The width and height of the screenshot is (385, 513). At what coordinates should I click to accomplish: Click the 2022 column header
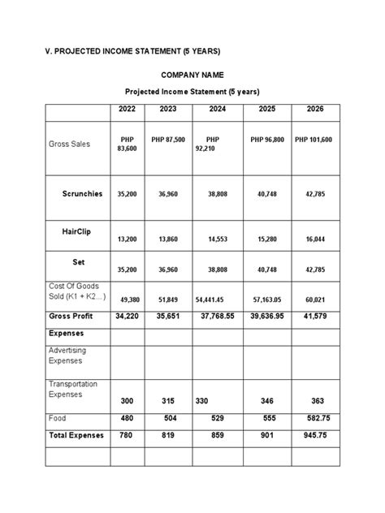(127, 109)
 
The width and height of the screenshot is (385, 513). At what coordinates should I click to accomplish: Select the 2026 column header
(314, 109)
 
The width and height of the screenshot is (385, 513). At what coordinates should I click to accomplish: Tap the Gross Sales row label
(69, 144)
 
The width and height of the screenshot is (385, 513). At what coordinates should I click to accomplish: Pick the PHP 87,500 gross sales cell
(168, 140)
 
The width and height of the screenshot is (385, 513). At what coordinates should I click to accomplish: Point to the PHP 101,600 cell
(314, 140)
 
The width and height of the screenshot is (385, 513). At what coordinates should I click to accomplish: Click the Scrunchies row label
(82, 194)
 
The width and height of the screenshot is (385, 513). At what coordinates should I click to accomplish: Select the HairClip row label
(76, 231)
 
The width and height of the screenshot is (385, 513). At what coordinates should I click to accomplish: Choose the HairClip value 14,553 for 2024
(218, 239)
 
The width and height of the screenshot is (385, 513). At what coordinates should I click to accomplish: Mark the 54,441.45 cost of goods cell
(214, 300)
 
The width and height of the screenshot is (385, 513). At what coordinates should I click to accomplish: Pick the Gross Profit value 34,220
(128, 316)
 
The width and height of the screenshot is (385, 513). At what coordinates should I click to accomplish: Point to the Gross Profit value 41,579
(314, 316)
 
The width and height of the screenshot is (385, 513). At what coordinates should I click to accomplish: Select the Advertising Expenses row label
(67, 356)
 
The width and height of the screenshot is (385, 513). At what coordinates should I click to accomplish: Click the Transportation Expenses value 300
(128, 401)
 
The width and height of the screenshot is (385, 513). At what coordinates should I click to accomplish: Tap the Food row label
(58, 418)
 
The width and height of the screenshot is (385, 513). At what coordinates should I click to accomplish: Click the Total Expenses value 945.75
(314, 435)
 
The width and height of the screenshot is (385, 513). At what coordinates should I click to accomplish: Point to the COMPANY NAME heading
(192, 75)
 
